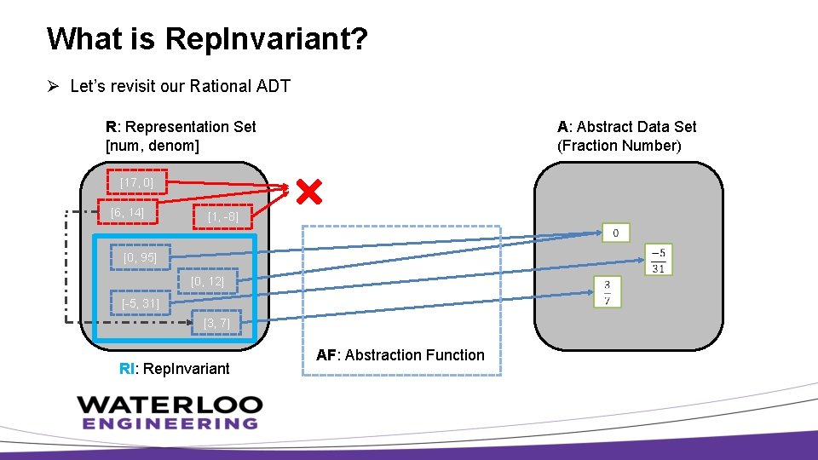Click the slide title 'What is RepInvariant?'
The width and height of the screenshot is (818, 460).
pos(207,39)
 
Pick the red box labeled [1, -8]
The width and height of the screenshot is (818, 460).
pos(223,217)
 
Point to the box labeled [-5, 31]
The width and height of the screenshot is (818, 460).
pos(141,302)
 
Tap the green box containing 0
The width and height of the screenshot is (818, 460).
pos(616,233)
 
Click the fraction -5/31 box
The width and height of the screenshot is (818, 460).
pos(659,259)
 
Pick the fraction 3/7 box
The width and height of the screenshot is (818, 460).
pos(607,291)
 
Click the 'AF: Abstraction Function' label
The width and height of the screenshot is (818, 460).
pos(400,355)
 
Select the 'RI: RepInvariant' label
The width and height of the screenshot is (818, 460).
pos(175,369)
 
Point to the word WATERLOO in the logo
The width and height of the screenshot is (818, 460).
pos(169,405)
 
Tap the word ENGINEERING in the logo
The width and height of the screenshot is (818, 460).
pos(169,423)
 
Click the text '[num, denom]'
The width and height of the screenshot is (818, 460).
pos(152,146)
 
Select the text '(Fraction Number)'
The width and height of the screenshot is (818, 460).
pos(619,146)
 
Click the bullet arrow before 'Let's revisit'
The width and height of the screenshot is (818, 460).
pos(53,86)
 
